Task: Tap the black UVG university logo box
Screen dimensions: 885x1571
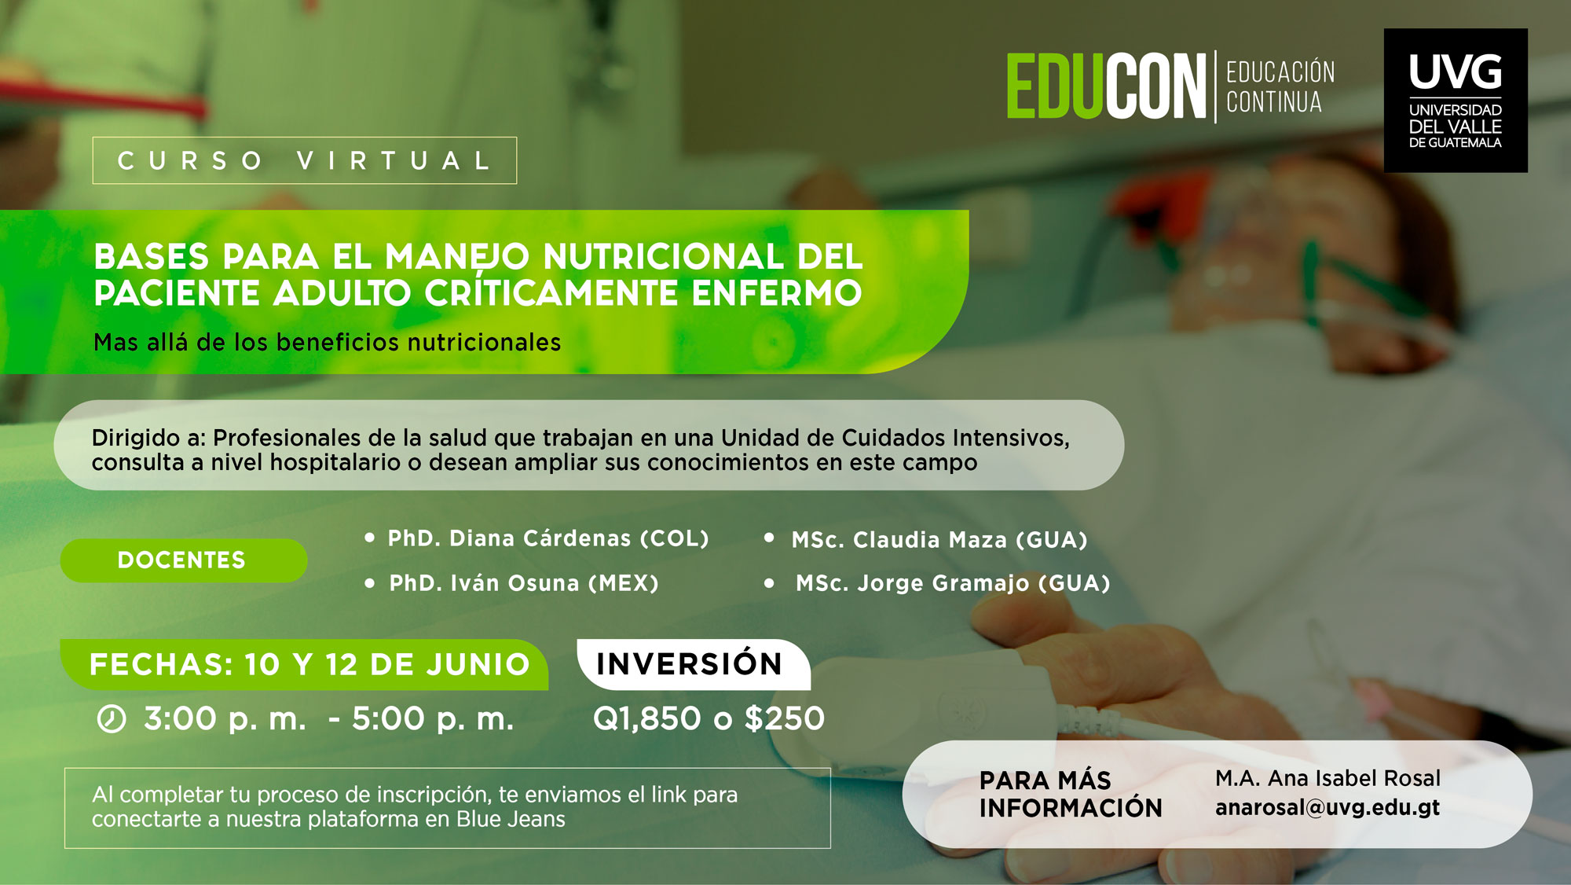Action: pos(1455,101)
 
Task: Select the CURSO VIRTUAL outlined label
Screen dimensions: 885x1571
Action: pos(304,160)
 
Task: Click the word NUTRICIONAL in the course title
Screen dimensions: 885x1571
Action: pos(663,257)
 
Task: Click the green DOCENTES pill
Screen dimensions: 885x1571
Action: pos(182,560)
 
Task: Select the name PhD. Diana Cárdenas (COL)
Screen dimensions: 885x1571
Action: pos(548,538)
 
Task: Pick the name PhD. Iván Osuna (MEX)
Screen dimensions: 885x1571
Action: pos(524,583)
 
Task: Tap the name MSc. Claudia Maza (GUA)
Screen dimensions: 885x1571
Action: pos(939,540)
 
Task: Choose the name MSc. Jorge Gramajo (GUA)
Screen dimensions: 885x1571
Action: pos(953,583)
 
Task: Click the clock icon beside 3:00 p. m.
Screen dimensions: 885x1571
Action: pos(112,719)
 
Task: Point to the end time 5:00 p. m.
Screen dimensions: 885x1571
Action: pos(433,719)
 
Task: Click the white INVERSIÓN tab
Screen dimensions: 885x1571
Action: pos(690,664)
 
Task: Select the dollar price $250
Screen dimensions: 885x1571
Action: pos(785,718)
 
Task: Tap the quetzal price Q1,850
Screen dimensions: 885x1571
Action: pos(647,718)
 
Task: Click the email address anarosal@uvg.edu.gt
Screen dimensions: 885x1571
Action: pos(1327,808)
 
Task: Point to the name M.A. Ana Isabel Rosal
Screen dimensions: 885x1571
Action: pos(1327,778)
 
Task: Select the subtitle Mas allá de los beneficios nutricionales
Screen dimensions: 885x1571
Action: pos(327,343)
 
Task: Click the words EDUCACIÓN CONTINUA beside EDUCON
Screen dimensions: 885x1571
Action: pos(1280,86)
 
